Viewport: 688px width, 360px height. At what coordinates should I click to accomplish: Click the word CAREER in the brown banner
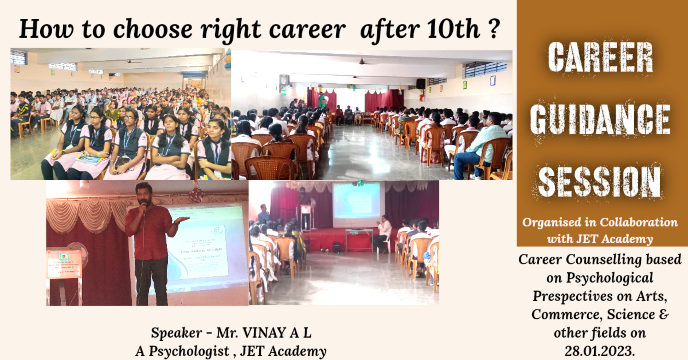[600, 57]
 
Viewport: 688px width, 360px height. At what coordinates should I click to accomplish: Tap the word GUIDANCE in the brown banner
[600, 119]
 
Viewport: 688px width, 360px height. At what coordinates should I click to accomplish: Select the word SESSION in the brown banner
[600, 182]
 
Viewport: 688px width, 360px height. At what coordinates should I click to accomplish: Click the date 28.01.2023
[600, 351]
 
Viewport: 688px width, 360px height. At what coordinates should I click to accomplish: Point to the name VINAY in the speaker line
[264, 333]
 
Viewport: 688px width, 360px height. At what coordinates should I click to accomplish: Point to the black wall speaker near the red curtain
[421, 84]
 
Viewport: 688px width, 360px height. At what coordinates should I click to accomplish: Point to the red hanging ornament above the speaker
[196, 194]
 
